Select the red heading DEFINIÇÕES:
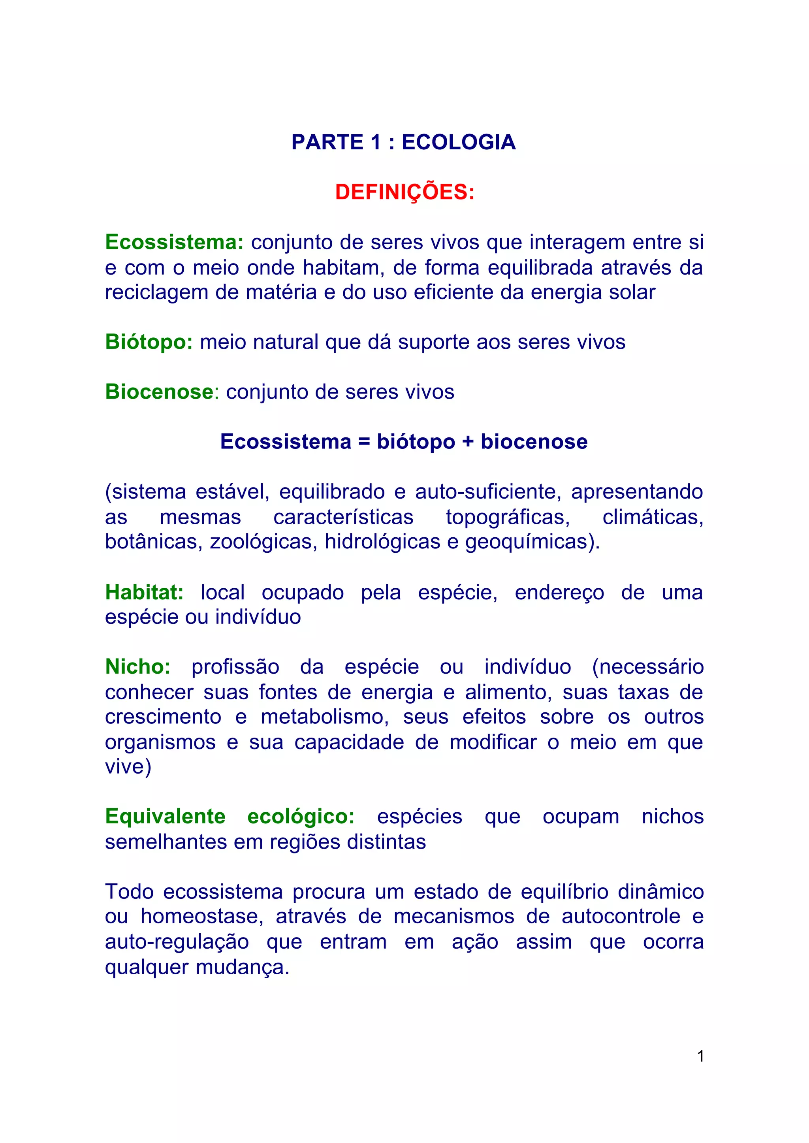click(404, 192)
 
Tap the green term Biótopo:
click(149, 342)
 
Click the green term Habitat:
click(144, 592)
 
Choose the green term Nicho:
click(137, 667)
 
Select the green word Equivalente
click(165, 817)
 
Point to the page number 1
click(700, 1056)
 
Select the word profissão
click(235, 667)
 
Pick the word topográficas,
click(508, 517)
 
